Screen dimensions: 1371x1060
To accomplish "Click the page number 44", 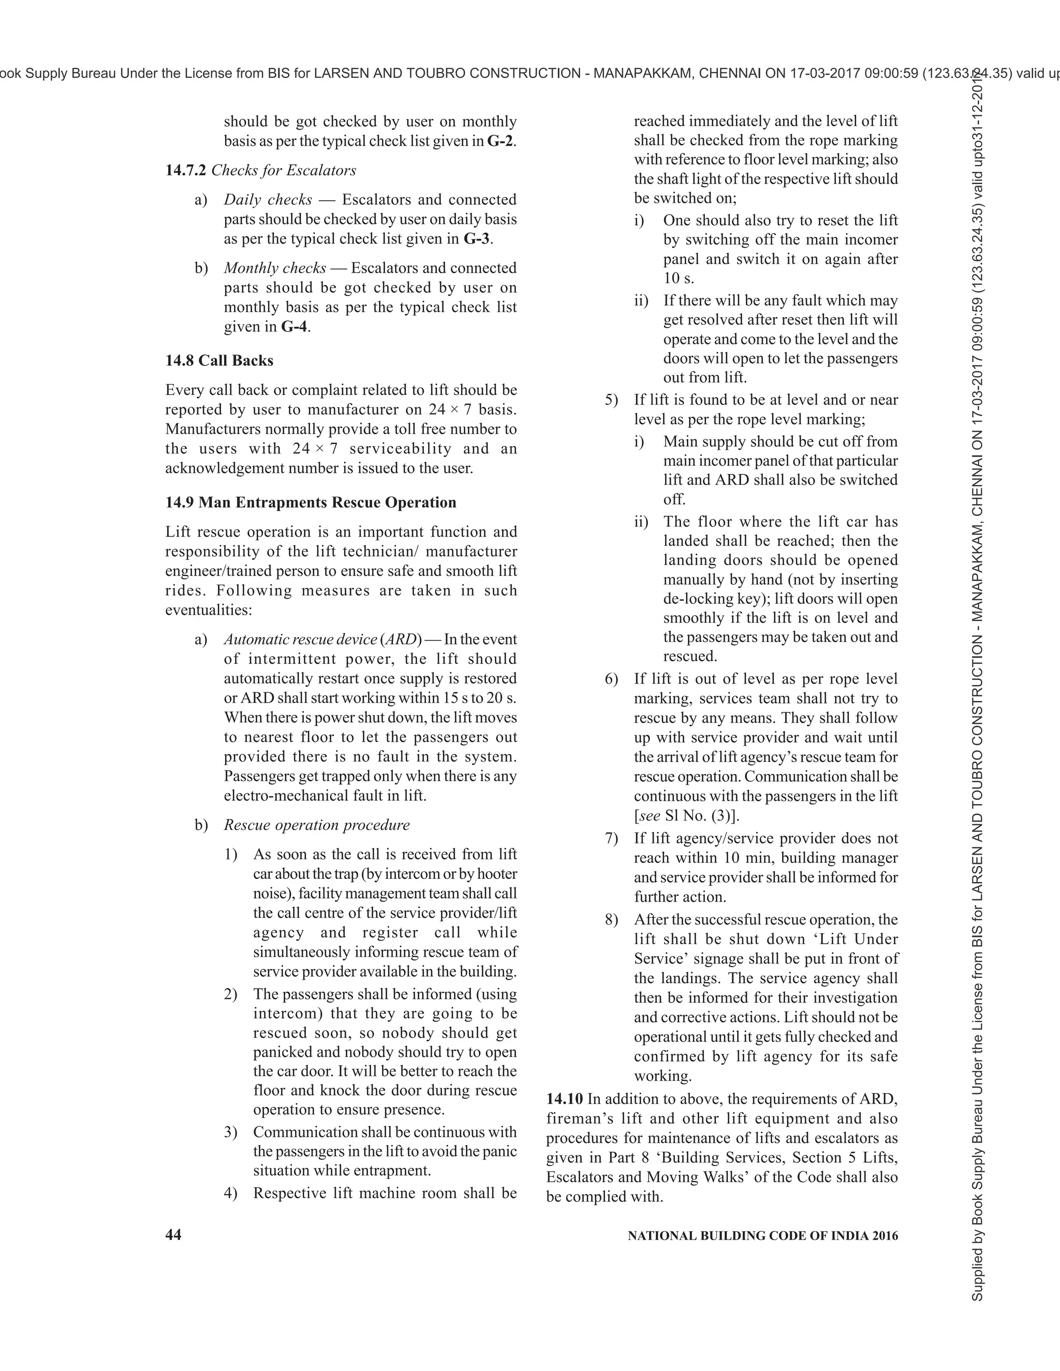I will coord(173,1235).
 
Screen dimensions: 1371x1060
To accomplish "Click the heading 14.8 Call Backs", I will coord(219,360).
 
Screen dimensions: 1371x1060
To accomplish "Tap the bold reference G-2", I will coord(500,141).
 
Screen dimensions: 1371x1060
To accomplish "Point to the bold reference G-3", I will coord(477,239).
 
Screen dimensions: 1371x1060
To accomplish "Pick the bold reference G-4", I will coord(294,326).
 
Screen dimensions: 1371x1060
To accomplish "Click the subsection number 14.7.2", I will coord(185,170).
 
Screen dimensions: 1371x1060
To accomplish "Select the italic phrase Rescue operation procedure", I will coord(316,825).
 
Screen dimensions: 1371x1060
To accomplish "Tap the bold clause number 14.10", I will coord(564,1099).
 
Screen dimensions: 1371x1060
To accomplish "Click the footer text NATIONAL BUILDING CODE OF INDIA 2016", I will coord(762,1235).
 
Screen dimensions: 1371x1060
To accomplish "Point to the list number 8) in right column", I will coord(611,920).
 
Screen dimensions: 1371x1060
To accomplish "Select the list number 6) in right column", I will coord(611,679).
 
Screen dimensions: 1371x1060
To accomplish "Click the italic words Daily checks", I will coord(268,200).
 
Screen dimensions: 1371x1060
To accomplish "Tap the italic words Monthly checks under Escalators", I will coord(274,268).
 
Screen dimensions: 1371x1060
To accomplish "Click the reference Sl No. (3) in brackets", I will coord(699,815).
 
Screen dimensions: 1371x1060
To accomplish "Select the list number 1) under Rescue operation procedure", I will coord(230,854).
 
